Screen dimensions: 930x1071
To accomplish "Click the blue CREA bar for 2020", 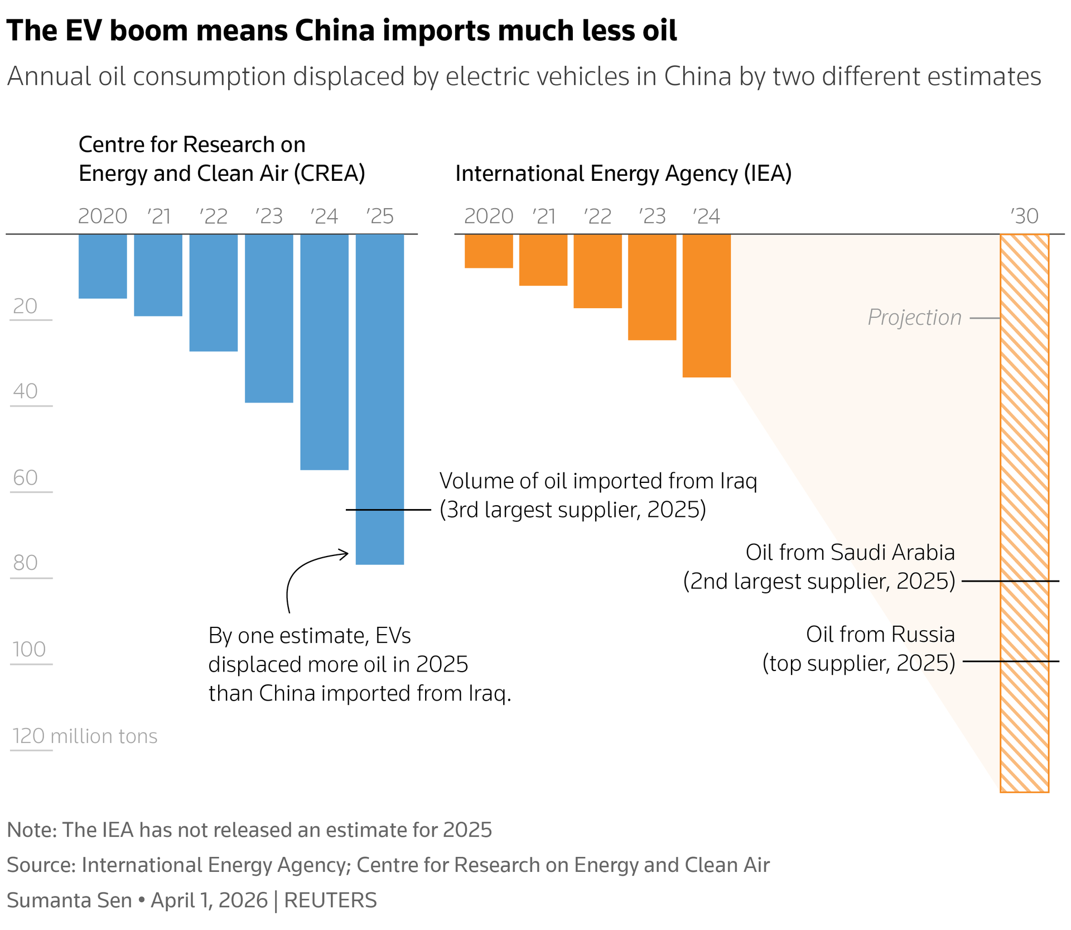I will tap(103, 266).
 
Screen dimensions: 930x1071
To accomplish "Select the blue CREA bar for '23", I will tap(269, 318).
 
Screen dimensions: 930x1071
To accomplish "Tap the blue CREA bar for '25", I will tap(380, 399).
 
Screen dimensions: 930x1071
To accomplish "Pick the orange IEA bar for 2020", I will tap(489, 251).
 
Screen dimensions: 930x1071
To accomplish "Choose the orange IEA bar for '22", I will tap(597, 271).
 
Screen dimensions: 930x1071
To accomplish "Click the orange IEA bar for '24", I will tap(707, 306).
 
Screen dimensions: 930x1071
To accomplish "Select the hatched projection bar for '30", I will tap(1024, 512).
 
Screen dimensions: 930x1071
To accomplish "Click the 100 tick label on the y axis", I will tap(29, 649).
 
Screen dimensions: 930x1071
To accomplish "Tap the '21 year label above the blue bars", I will tap(159, 217).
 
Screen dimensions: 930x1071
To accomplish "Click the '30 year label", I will tap(1025, 217).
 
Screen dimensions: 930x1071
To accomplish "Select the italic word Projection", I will tap(914, 318).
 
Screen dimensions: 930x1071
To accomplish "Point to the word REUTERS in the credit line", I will tap(330, 900).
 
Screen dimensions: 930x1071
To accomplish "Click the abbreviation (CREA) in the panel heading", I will tap(330, 174).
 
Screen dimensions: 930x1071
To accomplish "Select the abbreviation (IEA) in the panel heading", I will tap(768, 174).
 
